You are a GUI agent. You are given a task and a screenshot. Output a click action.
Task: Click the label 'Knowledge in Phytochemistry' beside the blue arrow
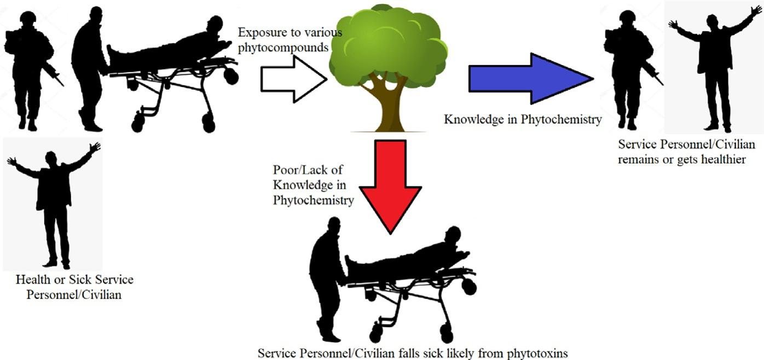click(522, 119)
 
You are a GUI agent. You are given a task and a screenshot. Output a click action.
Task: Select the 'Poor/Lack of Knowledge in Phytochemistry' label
click(313, 185)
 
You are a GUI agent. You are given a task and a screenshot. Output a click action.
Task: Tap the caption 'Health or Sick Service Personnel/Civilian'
click(74, 287)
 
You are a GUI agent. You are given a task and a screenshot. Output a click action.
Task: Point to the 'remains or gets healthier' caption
click(686, 153)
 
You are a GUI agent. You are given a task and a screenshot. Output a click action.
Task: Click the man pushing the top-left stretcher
click(89, 68)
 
